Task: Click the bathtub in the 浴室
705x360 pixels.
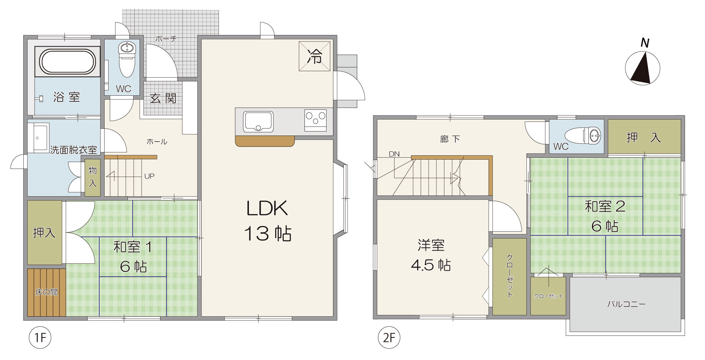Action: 68,62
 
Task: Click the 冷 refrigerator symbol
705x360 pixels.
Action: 315,56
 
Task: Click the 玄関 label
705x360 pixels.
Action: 163,98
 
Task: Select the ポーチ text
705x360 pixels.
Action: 166,39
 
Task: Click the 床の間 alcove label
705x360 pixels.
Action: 46,292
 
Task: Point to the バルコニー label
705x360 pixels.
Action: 626,304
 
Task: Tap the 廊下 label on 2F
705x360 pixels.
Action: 450,139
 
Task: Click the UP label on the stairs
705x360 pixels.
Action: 149,176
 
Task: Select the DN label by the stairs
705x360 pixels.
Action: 394,154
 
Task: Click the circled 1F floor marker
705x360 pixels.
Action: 40,338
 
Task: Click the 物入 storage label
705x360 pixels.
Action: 92,177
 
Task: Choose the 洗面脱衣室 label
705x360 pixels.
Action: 74,150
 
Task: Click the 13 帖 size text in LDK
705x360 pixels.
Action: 268,233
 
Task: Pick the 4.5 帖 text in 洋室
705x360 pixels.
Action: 431,265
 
